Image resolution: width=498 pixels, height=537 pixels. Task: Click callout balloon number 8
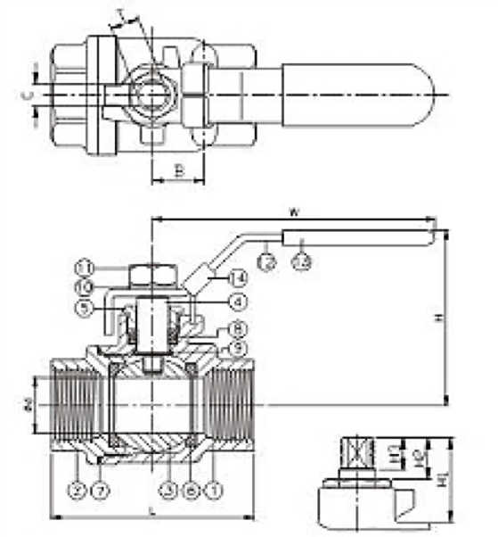coord(237,327)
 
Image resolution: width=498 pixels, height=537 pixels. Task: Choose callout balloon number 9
coord(237,347)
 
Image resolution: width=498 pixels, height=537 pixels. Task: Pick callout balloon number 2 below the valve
coord(78,489)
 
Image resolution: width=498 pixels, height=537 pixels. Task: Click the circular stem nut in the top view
coord(151,93)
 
